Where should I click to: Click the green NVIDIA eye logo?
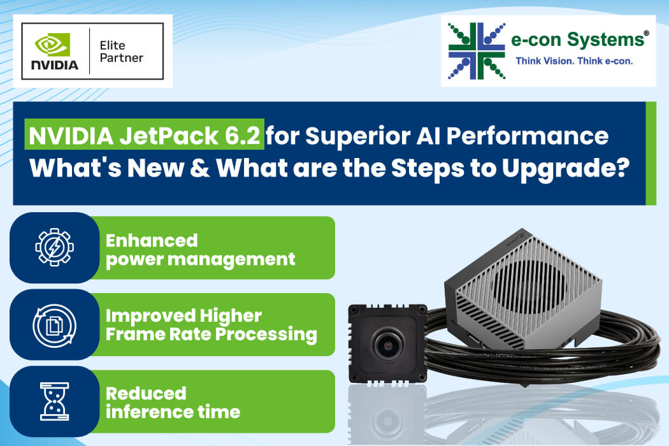[52, 44]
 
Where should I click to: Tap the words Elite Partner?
[121, 52]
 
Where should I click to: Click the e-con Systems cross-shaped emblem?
[477, 51]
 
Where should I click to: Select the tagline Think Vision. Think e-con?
[574, 61]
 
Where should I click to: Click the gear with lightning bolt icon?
[55, 247]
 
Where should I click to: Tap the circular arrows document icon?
[55, 325]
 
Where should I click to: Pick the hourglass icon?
[55, 401]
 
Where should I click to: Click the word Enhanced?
[152, 240]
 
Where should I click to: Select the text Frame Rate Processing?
[211, 334]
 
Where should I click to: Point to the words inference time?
[173, 412]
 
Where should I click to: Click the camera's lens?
[389, 344]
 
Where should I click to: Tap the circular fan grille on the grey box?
[529, 285]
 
